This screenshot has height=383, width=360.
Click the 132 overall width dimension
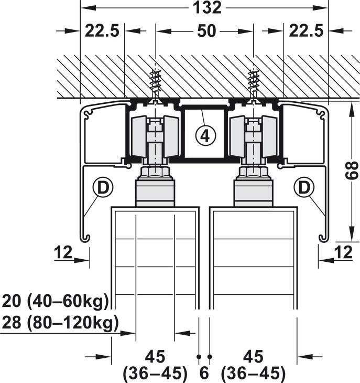(207, 7)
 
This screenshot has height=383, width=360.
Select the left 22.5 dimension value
(102, 31)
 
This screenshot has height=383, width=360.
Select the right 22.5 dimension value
(306, 31)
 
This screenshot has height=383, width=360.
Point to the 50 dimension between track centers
(206, 31)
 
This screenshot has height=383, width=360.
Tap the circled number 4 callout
(205, 135)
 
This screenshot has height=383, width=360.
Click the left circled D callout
(103, 188)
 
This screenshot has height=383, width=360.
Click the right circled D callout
(304, 188)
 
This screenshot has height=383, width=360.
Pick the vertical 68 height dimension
(352, 171)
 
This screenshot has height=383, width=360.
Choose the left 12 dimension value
(63, 252)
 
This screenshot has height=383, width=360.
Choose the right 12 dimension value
(343, 252)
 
